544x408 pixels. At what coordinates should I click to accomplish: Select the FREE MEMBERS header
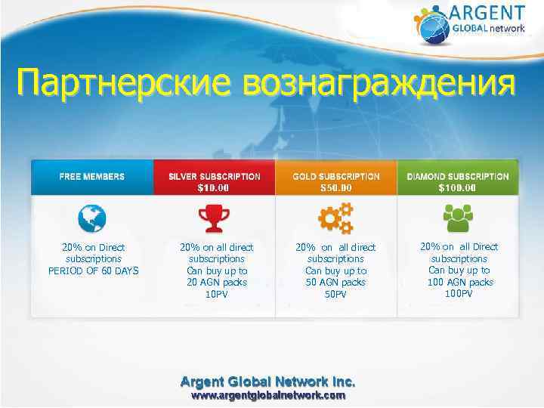click(x=92, y=176)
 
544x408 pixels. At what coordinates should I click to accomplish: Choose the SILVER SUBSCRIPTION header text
click(x=215, y=176)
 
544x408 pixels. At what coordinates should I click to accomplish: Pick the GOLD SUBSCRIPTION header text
click(x=336, y=176)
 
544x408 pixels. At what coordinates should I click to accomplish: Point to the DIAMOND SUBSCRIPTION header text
click(x=458, y=176)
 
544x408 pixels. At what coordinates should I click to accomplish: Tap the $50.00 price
click(x=336, y=187)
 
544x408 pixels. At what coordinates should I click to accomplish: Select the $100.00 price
click(x=458, y=187)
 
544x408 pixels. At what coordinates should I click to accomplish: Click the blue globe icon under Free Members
click(x=93, y=219)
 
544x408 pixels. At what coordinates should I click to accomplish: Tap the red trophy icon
click(x=214, y=219)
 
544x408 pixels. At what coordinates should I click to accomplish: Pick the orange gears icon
click(x=335, y=219)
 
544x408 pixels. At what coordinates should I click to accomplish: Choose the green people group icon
click(x=458, y=218)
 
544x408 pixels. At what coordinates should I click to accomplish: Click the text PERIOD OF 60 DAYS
click(x=94, y=270)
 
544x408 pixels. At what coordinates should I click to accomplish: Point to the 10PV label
click(x=217, y=294)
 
